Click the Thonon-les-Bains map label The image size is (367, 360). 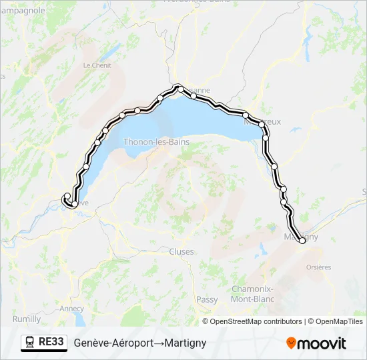pyautogui.click(x=156, y=142)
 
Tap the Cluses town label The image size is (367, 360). pyautogui.click(x=181, y=251)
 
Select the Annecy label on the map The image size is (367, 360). pyautogui.click(x=71, y=309)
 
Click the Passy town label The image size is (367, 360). pyautogui.click(x=208, y=300)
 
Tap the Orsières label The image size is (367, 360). pyautogui.click(x=318, y=267)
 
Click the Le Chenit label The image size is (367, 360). pyautogui.click(x=97, y=65)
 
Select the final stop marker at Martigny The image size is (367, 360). pyautogui.click(x=302, y=241)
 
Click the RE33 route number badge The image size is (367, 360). pyautogui.click(x=51, y=342)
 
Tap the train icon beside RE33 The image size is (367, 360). pyautogui.click(x=30, y=343)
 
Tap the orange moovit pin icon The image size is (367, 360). pyautogui.click(x=292, y=343)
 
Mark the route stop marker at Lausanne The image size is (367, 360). pyautogui.click(x=179, y=88)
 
